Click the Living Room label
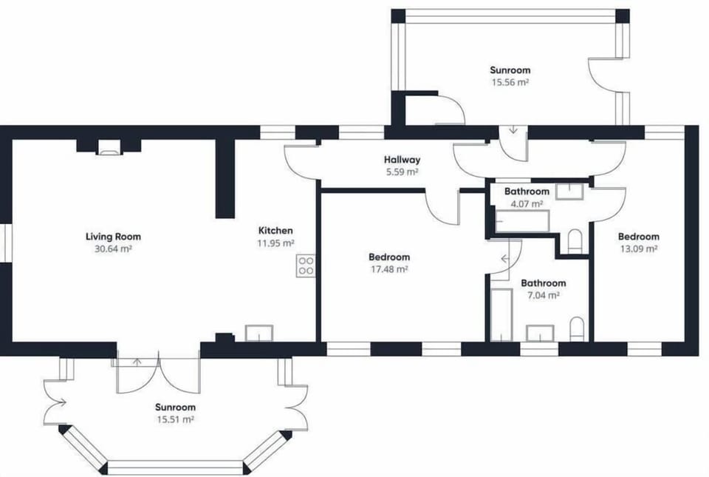113,237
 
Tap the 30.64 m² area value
113,249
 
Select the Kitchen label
275,230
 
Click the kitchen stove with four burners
306,265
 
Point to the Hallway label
402,160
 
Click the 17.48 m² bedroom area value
389,270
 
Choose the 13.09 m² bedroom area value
638,249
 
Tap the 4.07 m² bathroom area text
526,203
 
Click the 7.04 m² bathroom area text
543,295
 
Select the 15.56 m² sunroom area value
510,83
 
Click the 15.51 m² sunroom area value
175,419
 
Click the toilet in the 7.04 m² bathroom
578,328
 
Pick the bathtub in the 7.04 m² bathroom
501,314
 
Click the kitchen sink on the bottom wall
258,333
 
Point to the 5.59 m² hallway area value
402,172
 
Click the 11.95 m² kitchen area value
275,243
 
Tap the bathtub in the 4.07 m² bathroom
522,221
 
